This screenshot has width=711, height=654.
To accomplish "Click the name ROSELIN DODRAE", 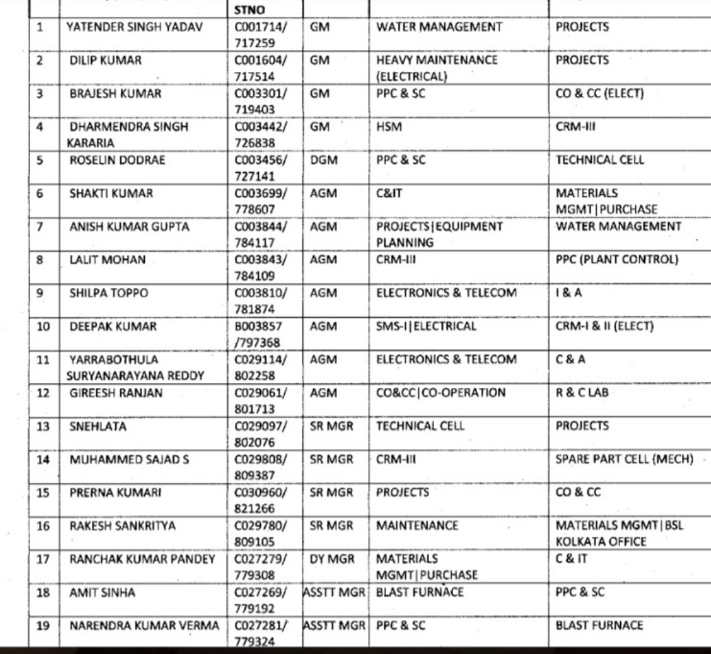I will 117,160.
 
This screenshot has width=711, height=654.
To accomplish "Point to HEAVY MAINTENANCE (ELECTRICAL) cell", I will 437,67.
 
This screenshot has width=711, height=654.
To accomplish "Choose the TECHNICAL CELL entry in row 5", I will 600,160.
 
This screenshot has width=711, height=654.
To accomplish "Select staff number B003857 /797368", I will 259,334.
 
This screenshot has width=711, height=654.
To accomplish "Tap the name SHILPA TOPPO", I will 108,293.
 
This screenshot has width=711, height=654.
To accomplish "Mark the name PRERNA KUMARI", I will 115,493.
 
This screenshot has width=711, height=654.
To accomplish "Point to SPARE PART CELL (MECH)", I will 624,459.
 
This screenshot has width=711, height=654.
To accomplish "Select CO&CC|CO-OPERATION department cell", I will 440,393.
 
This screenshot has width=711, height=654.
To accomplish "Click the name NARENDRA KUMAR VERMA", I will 145,625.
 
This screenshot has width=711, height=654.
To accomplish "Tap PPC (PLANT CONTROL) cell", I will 616,259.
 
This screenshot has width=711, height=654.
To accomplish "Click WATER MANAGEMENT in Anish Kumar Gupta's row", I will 618,227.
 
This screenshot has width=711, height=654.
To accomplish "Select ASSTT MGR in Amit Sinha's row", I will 335,593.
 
